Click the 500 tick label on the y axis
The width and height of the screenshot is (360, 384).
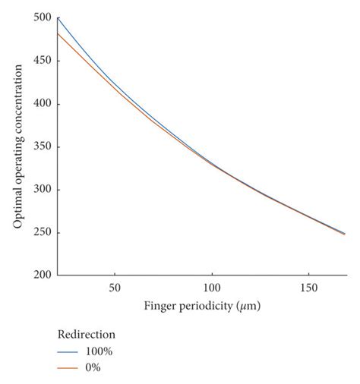tap(43, 18)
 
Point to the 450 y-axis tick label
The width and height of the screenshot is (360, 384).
tap(43, 61)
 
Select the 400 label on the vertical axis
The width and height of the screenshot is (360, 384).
tap(43, 104)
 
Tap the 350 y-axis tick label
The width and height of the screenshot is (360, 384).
tap(43, 146)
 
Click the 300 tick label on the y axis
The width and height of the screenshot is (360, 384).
tap(43, 190)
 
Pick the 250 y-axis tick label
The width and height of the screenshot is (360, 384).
tap(43, 232)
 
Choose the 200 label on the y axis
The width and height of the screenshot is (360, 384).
tap(43, 275)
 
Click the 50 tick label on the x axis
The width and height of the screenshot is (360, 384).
tap(114, 288)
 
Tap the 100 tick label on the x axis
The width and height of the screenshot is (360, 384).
tap(211, 288)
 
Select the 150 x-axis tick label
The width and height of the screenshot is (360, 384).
tap(308, 288)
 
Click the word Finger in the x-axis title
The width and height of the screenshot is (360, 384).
tap(160, 307)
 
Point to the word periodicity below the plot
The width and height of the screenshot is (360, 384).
tap(205, 307)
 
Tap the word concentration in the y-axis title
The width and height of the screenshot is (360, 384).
tap(17, 99)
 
